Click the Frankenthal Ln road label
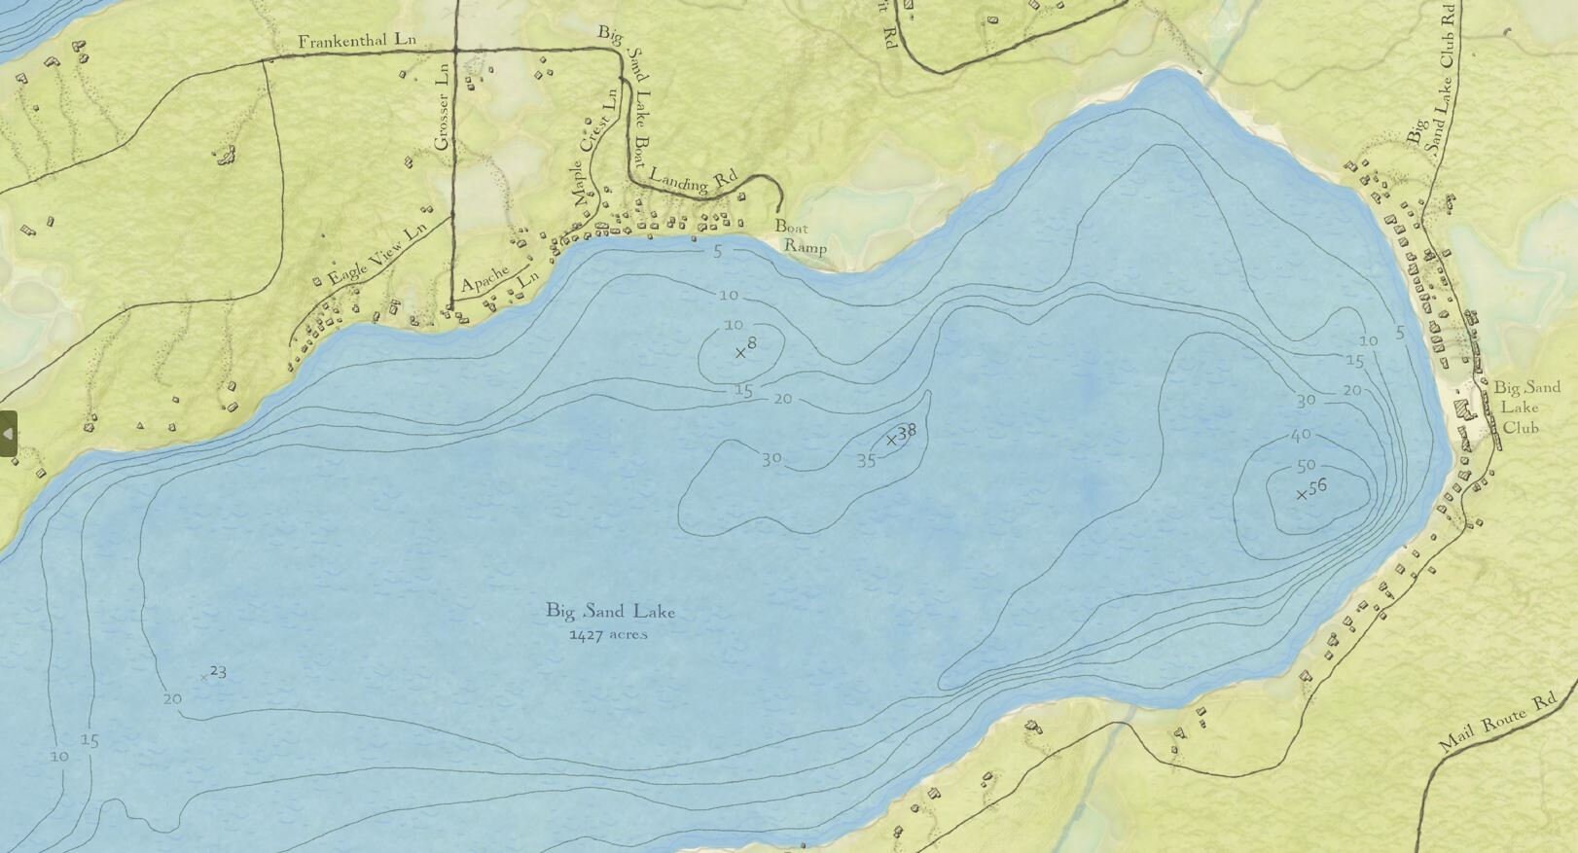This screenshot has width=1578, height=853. click(356, 41)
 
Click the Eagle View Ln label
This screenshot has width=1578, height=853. click(377, 254)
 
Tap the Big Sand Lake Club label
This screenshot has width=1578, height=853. click(1525, 407)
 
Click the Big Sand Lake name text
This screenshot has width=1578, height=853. click(610, 612)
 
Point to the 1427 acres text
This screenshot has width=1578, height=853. click(608, 635)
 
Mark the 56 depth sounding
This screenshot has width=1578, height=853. click(1316, 487)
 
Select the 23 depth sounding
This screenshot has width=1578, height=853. click(218, 671)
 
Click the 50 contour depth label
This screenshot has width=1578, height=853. click(1306, 465)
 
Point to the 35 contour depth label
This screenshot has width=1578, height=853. click(866, 461)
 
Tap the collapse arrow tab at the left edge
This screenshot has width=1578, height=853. click(8, 434)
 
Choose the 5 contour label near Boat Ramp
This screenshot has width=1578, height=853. click(718, 252)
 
